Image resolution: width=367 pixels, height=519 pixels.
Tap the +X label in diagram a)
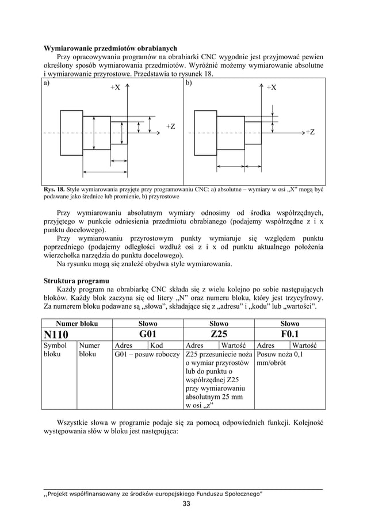click(115, 88)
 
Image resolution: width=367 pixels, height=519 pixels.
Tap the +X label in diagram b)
click(271, 87)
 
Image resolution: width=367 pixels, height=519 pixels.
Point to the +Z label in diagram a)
click(170, 126)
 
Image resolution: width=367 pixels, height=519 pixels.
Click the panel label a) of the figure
click(47, 83)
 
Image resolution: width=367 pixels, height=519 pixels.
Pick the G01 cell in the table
click(148, 334)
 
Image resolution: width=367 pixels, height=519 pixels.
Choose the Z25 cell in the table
click(219, 334)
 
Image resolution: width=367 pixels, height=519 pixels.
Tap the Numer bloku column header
click(77, 324)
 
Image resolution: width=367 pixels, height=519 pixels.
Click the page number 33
click(183, 504)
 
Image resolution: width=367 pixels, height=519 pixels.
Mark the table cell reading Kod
click(156, 345)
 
